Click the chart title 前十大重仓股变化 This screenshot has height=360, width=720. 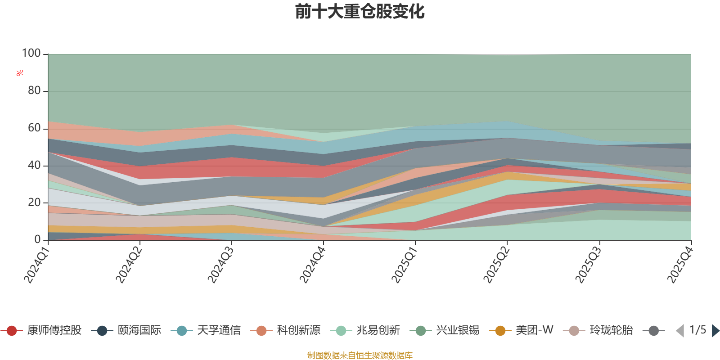[x=360, y=12]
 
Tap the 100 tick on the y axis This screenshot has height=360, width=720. [x=31, y=54]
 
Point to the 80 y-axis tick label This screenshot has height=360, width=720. [x=34, y=91]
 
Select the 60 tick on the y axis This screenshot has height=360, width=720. [x=34, y=128]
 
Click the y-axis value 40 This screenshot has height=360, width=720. [x=34, y=165]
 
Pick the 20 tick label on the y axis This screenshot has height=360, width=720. [x=34, y=202]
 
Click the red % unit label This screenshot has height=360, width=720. [x=20, y=72]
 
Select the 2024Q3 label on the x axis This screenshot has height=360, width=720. [x=220, y=265]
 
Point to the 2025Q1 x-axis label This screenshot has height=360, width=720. [x=404, y=265]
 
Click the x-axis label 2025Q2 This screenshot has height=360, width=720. [x=496, y=265]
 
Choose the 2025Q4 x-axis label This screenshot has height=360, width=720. [x=679, y=265]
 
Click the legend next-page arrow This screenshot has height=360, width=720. [x=715, y=331]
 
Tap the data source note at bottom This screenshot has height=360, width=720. [x=360, y=355]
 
